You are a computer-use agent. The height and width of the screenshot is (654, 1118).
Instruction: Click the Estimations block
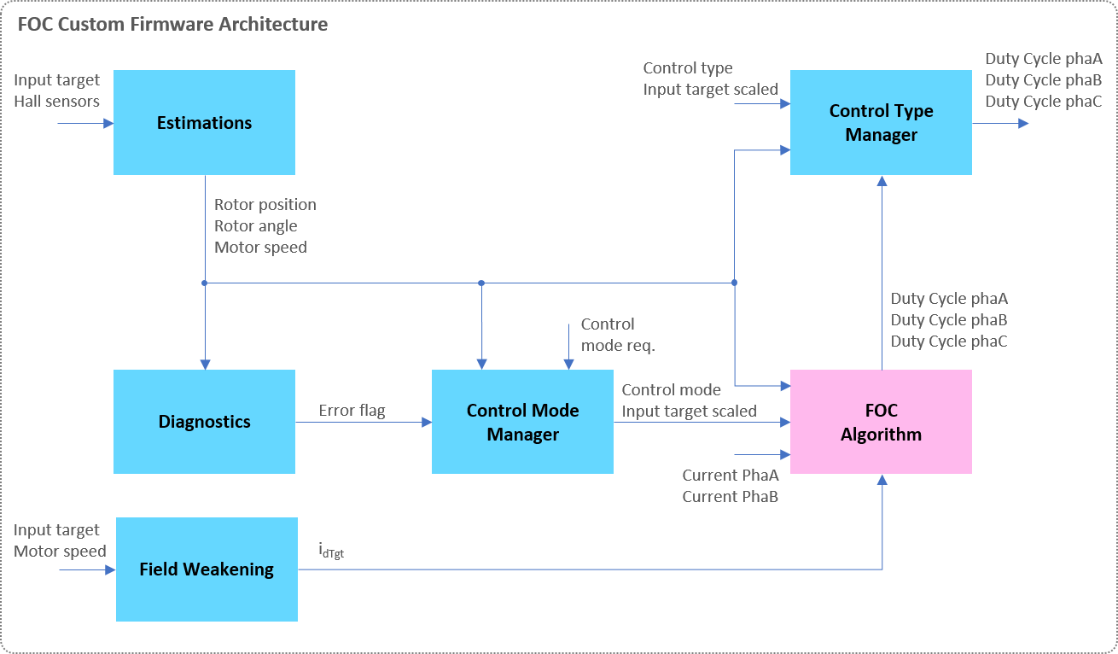point(204,123)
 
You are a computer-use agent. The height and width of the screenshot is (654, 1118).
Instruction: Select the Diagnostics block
point(204,422)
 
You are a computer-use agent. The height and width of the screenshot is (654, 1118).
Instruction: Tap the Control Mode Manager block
point(522,422)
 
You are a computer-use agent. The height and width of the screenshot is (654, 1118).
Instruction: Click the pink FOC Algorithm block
point(881,422)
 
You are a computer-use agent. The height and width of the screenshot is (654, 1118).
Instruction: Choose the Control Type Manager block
point(881,123)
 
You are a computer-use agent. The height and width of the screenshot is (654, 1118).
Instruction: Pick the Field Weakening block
point(207,569)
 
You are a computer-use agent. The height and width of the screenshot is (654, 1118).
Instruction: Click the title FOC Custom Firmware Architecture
point(172,24)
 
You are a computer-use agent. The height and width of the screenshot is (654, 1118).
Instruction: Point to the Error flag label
point(352,411)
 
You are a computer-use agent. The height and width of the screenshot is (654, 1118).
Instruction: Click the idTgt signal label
point(330,552)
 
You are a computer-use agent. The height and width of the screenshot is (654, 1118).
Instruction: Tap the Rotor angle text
point(256,226)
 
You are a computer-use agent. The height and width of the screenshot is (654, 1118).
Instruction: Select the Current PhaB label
point(730,496)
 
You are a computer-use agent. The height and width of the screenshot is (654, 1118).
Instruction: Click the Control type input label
point(688,68)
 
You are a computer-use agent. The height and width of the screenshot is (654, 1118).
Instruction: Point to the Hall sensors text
point(56,102)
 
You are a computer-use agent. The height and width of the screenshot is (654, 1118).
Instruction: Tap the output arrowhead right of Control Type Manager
point(1023,123)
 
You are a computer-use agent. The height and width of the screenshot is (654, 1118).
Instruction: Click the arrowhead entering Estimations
point(108,123)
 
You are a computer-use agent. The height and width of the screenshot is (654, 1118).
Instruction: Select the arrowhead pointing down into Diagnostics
point(205,364)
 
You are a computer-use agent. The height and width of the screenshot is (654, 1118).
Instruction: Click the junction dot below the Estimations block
point(205,283)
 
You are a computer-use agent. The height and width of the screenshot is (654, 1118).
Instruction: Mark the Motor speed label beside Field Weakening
point(60,552)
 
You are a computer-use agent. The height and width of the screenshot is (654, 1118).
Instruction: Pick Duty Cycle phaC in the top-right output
point(1044,102)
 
